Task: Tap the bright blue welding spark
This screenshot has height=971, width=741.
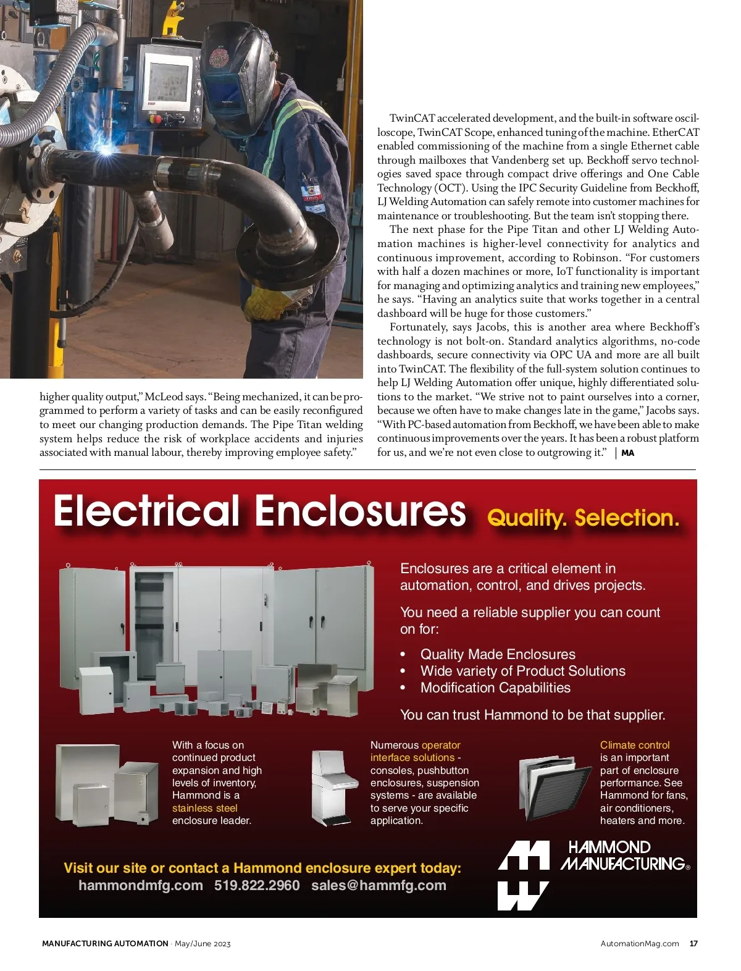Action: tap(111, 148)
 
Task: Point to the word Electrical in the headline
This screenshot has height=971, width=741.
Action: tap(146, 511)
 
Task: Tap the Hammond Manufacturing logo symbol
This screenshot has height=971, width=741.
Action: tap(524, 875)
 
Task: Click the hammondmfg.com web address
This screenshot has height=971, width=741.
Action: tap(141, 885)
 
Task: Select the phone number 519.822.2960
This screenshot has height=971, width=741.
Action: tap(257, 885)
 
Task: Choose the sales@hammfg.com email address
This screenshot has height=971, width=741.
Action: tap(379, 885)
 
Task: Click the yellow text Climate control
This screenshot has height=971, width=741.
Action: tap(635, 745)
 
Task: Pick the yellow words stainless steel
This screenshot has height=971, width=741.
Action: tap(204, 808)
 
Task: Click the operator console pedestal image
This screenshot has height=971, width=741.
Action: tap(330, 788)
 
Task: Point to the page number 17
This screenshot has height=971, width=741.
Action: tap(693, 943)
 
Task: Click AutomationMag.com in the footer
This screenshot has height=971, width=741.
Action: tap(640, 943)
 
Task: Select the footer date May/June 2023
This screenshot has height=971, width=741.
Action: tap(203, 943)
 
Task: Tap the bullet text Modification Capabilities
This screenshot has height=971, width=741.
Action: tap(495, 687)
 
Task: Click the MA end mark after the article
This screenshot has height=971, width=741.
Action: tap(627, 453)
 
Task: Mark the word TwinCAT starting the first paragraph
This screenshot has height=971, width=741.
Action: tap(412, 118)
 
